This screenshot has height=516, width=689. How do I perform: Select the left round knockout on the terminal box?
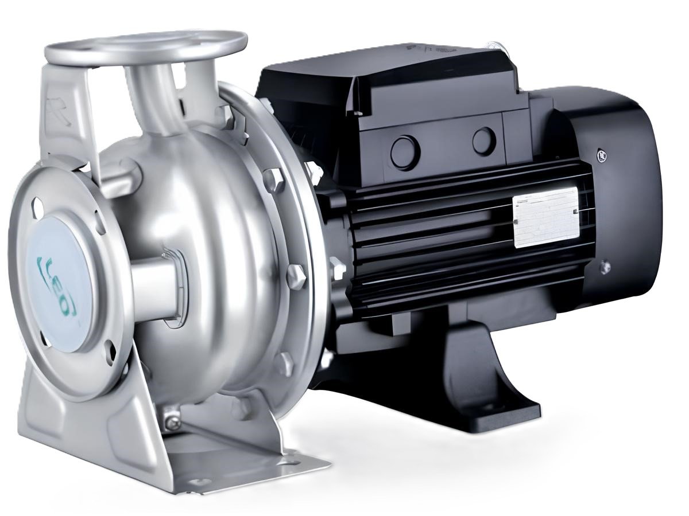(x=405, y=152)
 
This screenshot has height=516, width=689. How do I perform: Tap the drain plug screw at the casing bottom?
(x=171, y=423)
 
